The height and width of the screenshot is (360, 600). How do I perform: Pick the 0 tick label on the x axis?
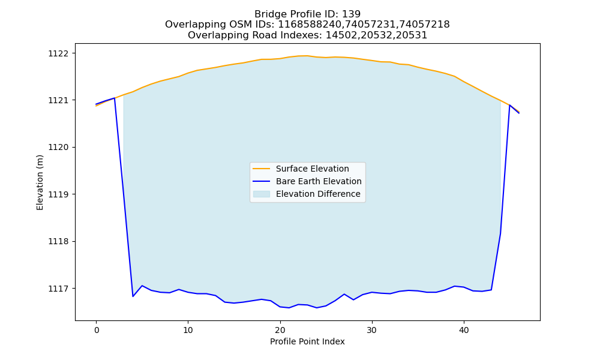[x=96, y=330]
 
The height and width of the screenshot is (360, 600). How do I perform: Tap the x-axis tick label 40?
[x=464, y=330]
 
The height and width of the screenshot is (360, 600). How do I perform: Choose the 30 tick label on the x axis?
[x=372, y=330]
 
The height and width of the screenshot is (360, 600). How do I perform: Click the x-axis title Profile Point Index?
[x=307, y=341]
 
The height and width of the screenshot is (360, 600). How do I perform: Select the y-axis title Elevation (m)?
[x=40, y=182]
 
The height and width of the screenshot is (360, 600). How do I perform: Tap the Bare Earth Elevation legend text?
[x=319, y=181]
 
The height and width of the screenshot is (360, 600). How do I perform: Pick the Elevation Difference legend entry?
[x=318, y=194]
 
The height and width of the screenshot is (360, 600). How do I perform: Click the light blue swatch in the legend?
[x=262, y=194]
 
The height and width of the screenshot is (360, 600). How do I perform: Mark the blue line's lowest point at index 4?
[x=133, y=296]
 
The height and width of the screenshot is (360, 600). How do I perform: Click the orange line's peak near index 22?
[x=304, y=55]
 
